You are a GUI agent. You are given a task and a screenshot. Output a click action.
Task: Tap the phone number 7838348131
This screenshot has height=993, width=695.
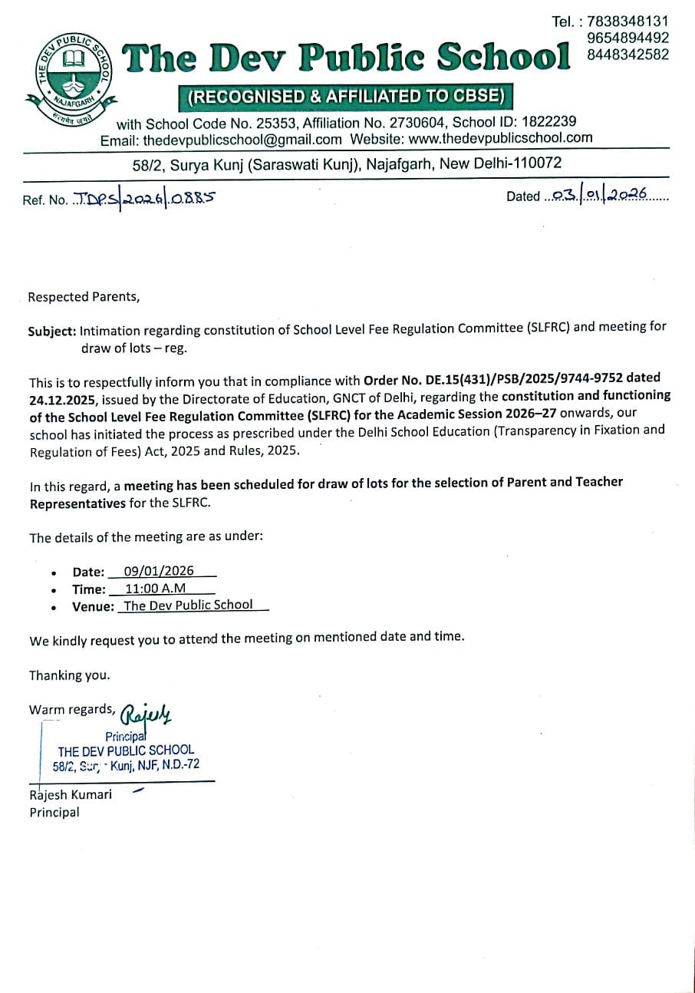coord(627,21)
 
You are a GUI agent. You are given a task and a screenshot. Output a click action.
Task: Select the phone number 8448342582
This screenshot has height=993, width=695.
coord(627,54)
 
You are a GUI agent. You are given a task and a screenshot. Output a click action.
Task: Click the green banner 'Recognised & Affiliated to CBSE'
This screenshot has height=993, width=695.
coord(346,97)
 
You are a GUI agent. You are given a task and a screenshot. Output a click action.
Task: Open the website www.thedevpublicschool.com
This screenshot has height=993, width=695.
coord(501,138)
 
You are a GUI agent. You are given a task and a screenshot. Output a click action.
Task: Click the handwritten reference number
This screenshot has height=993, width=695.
coord(144,198)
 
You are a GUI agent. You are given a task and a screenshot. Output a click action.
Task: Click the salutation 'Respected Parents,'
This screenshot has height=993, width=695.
coord(84,297)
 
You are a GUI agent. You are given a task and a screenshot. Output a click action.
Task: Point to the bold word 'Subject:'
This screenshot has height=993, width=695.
coord(52,332)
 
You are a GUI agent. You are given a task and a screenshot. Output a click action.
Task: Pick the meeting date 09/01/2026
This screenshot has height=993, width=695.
coord(159,572)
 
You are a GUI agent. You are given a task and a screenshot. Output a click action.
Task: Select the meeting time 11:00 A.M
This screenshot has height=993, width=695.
coord(155,589)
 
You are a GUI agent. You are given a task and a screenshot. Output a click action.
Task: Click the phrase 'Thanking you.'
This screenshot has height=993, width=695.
coord(70,675)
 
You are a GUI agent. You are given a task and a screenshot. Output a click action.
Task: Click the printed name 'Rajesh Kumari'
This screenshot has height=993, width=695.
coord(71,794)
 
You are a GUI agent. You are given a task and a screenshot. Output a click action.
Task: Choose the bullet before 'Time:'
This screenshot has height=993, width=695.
coord(54,590)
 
